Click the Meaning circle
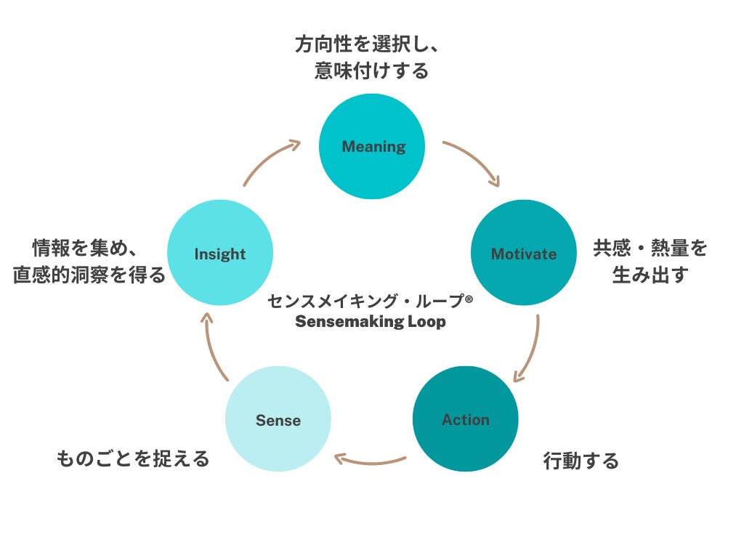click(x=372, y=147)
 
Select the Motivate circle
click(x=523, y=254)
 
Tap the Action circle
click(x=465, y=419)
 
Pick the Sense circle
click(x=278, y=419)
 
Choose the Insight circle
click(x=219, y=254)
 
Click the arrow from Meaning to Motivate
click(x=474, y=161)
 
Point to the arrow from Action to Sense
click(x=371, y=460)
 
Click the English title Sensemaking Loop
click(x=370, y=322)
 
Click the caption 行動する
click(x=581, y=461)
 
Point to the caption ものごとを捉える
click(x=133, y=458)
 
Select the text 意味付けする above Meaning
click(x=371, y=71)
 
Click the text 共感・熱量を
click(x=650, y=248)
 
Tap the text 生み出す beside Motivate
click(x=650, y=275)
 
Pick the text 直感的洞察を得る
click(x=89, y=275)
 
